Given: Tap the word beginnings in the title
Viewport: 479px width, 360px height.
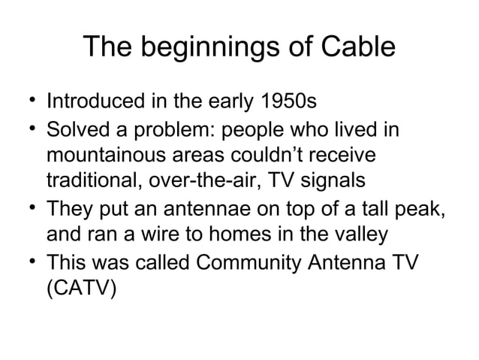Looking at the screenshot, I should pos(207,50).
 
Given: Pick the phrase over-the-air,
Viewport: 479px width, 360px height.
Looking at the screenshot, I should pos(208,183).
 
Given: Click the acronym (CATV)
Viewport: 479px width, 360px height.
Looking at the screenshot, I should pos(82,287).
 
